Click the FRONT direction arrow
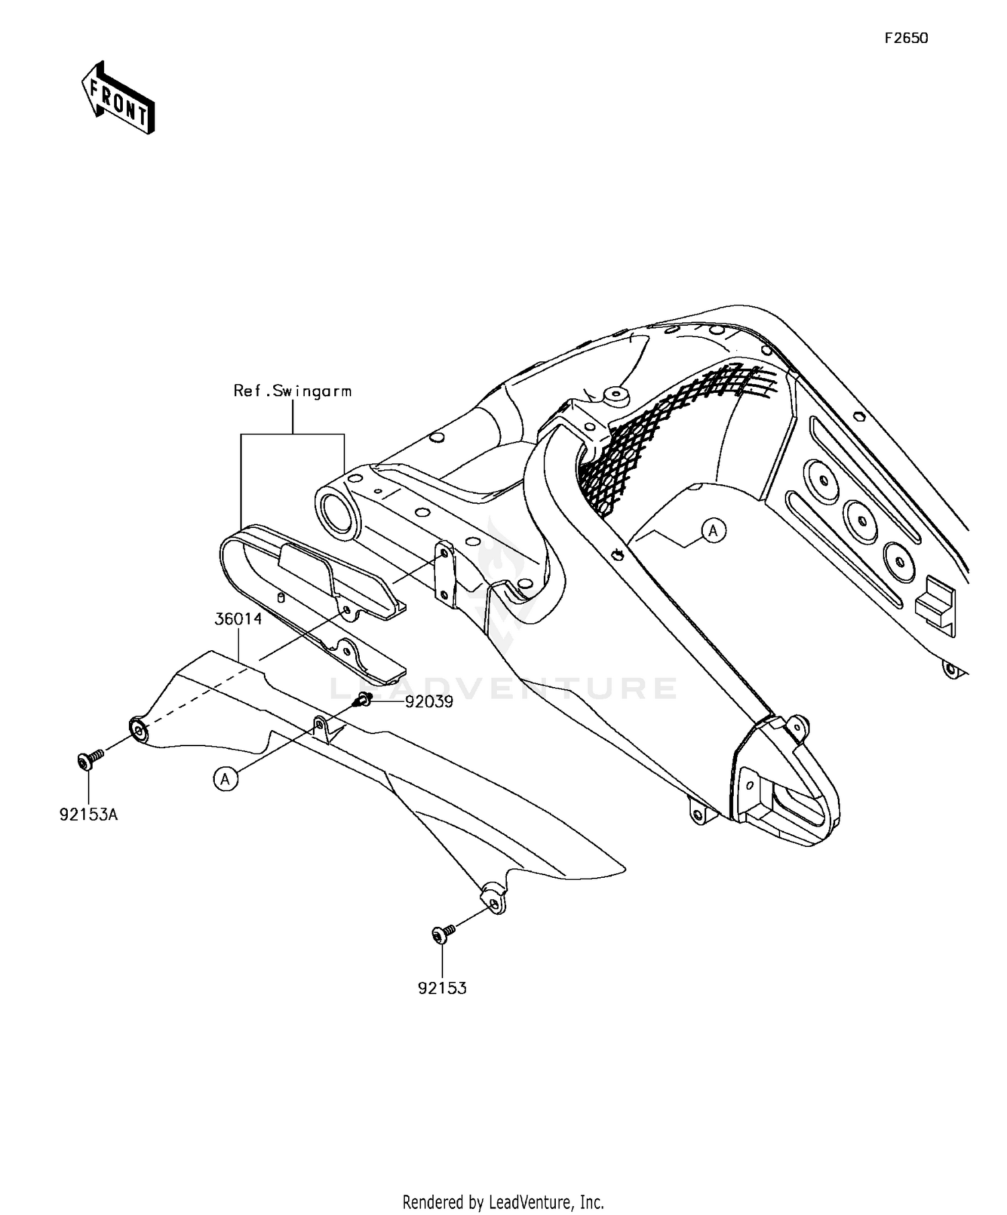[118, 99]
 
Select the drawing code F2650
[906, 39]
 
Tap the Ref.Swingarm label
[292, 391]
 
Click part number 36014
[238, 619]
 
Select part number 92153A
[89, 815]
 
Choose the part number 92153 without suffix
[442, 988]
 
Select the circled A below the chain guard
[226, 778]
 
